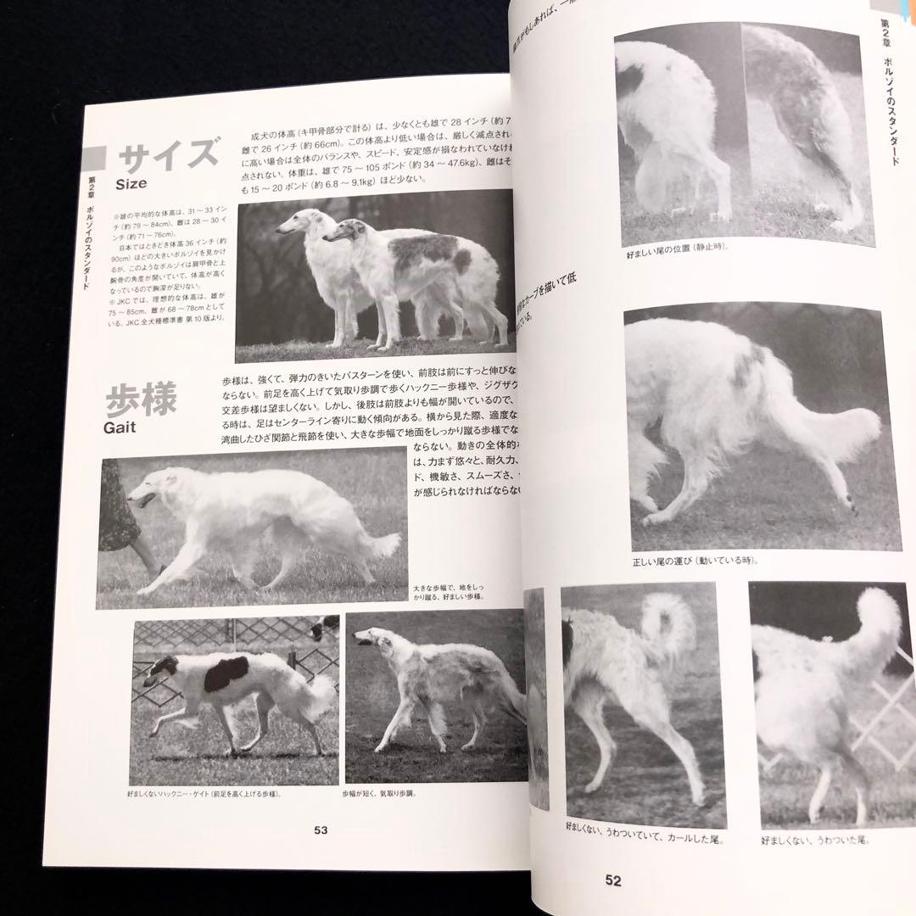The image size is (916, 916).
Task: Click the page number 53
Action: click(x=320, y=830)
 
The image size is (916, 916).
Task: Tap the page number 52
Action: click(x=613, y=881)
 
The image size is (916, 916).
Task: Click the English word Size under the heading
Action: click(x=132, y=183)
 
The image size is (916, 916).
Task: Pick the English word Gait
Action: click(x=120, y=427)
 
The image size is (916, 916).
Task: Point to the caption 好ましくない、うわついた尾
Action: click(x=815, y=841)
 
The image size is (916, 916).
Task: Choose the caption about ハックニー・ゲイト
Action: click(x=204, y=794)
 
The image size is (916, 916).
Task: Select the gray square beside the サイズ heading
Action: click(x=94, y=158)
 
